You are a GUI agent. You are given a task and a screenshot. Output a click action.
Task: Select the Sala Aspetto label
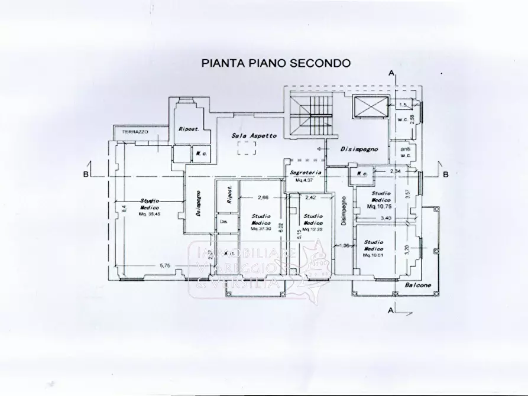254,135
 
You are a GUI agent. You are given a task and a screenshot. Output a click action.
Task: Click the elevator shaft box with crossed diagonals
369,107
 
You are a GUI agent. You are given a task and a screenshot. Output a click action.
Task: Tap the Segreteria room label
306,172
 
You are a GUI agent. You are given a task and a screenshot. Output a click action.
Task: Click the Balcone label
417,287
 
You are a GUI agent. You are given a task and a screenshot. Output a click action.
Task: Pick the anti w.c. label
406,152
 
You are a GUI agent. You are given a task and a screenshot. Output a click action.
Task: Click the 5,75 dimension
164,267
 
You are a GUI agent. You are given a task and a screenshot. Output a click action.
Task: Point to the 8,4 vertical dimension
124,208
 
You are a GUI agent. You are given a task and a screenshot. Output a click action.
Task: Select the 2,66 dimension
263,197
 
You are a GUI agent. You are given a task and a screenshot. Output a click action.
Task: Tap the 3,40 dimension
386,219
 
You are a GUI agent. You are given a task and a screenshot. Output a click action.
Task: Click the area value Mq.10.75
380,207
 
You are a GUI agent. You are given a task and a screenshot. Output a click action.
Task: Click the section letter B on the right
446,174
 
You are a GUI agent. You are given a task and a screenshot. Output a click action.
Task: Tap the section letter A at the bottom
390,309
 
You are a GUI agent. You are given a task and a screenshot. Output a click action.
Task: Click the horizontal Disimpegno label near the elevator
358,150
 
